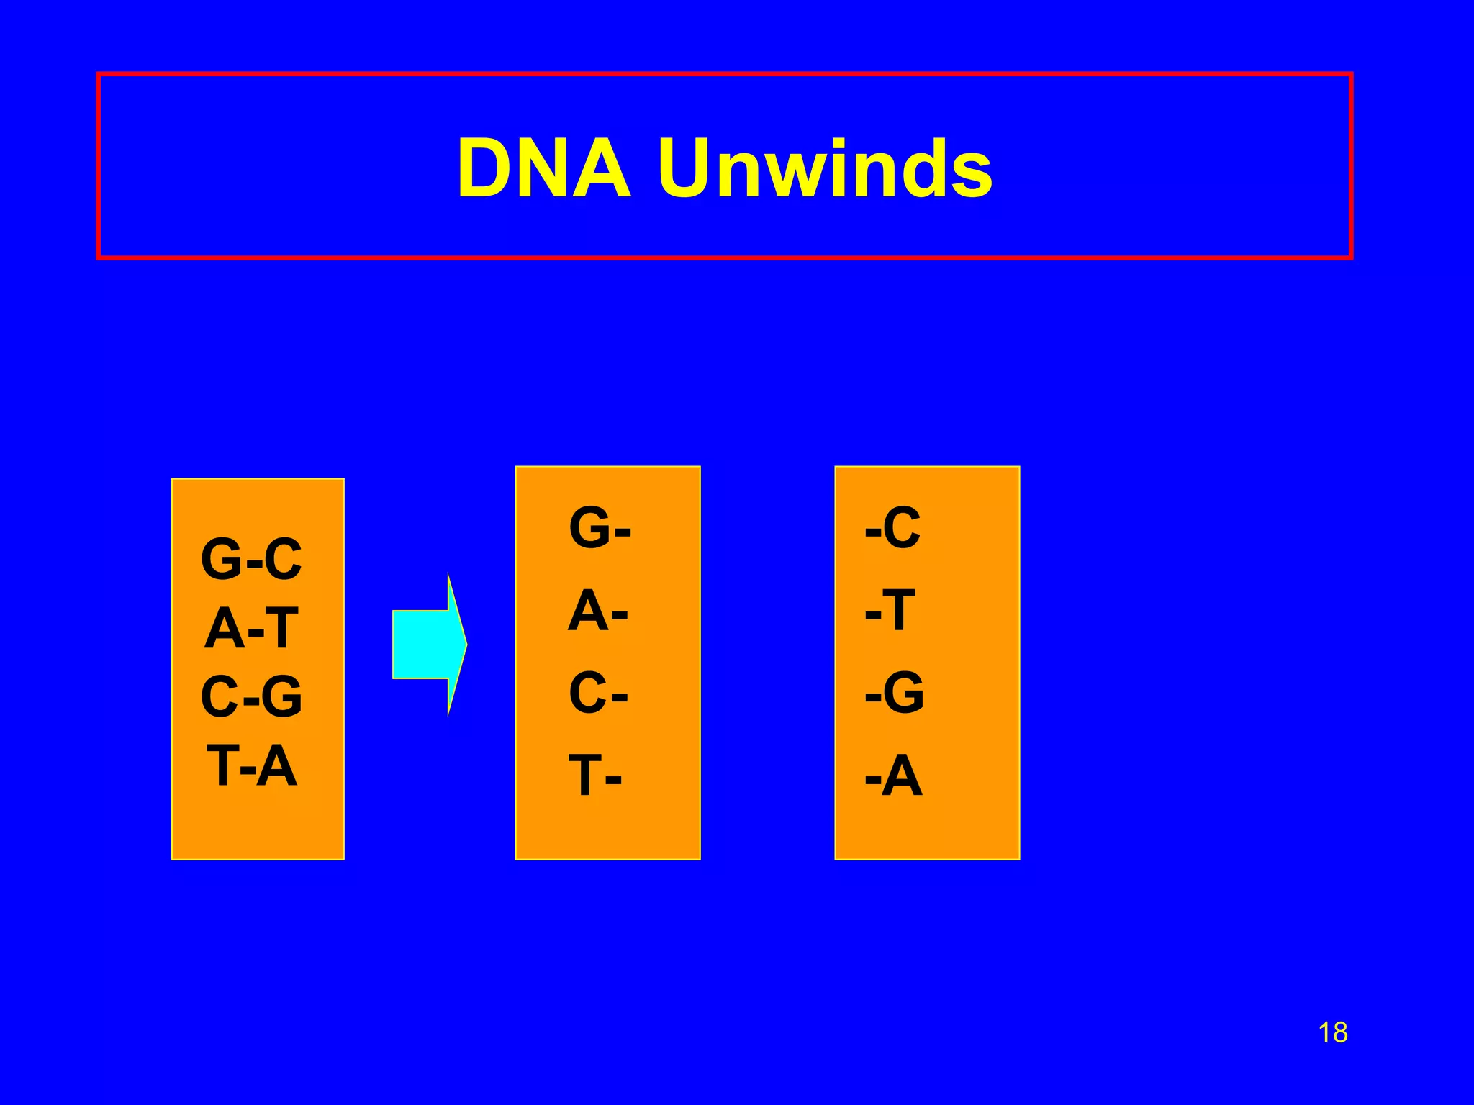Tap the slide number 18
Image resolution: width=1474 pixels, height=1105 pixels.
point(1332,1033)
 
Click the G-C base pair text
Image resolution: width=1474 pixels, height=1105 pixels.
point(251,559)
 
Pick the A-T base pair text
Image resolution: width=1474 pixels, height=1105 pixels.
point(251,628)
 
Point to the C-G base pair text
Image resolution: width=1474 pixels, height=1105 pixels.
point(251,696)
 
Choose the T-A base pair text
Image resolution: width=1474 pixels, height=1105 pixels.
point(251,765)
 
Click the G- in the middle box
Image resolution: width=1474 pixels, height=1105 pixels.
point(600,527)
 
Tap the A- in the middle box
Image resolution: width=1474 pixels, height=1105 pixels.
point(597,611)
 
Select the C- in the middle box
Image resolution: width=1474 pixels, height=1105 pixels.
point(597,694)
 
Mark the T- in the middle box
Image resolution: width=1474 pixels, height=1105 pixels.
point(595,776)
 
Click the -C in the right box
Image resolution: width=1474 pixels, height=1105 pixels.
point(892,527)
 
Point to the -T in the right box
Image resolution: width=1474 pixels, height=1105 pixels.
point(890,611)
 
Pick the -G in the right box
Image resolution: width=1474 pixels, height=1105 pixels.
point(895,694)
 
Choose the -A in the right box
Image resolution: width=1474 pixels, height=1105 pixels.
point(893,776)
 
